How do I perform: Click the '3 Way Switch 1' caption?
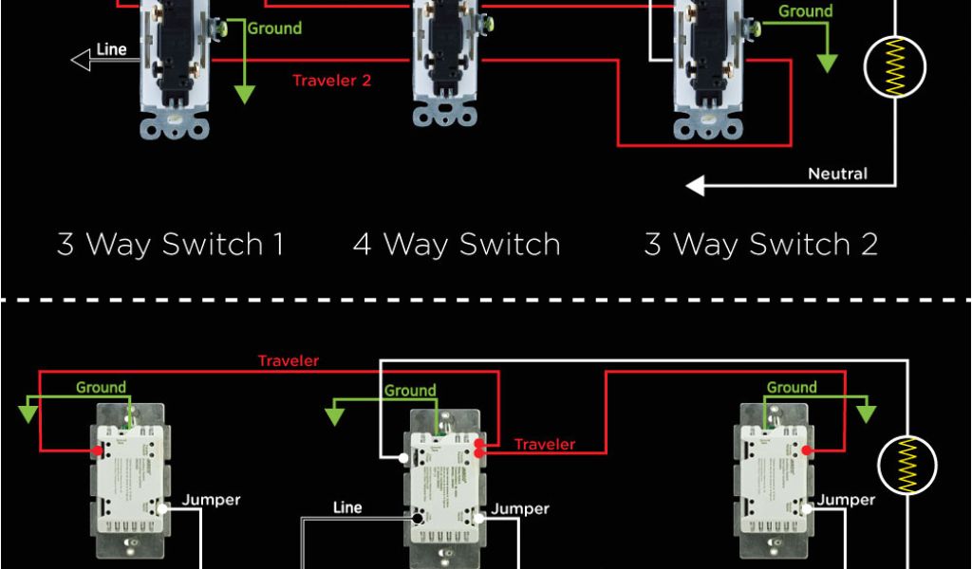coord(171,245)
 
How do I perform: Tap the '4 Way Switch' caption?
coord(457,245)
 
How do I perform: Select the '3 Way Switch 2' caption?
coord(760,245)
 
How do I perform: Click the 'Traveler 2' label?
coord(331,81)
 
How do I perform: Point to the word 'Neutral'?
coord(837,174)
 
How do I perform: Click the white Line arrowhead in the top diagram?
coord(80,61)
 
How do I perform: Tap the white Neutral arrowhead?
coord(696,186)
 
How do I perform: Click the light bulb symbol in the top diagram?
coord(894,66)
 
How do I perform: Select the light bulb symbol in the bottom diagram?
coord(907,465)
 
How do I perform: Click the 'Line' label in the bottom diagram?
coord(347,507)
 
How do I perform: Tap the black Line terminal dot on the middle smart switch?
coord(418,520)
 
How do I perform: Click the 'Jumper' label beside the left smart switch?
coord(211,500)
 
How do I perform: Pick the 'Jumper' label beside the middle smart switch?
coord(520,509)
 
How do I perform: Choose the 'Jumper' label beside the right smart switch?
coord(846,500)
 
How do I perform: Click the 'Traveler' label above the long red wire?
coord(289,361)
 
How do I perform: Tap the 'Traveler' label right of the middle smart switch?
coord(545,444)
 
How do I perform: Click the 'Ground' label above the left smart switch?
coord(101,387)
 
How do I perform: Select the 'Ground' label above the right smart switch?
coord(792,387)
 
